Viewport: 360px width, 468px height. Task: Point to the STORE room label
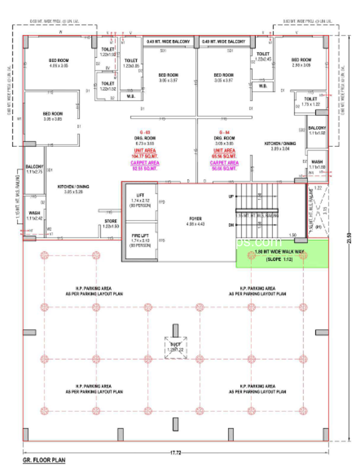coord(111,223)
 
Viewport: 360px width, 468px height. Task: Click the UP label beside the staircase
coord(230,196)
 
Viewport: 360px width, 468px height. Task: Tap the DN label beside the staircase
coord(230,224)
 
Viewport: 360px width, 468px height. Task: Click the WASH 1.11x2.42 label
coord(34,215)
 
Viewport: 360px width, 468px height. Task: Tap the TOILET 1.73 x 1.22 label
coord(310,101)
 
